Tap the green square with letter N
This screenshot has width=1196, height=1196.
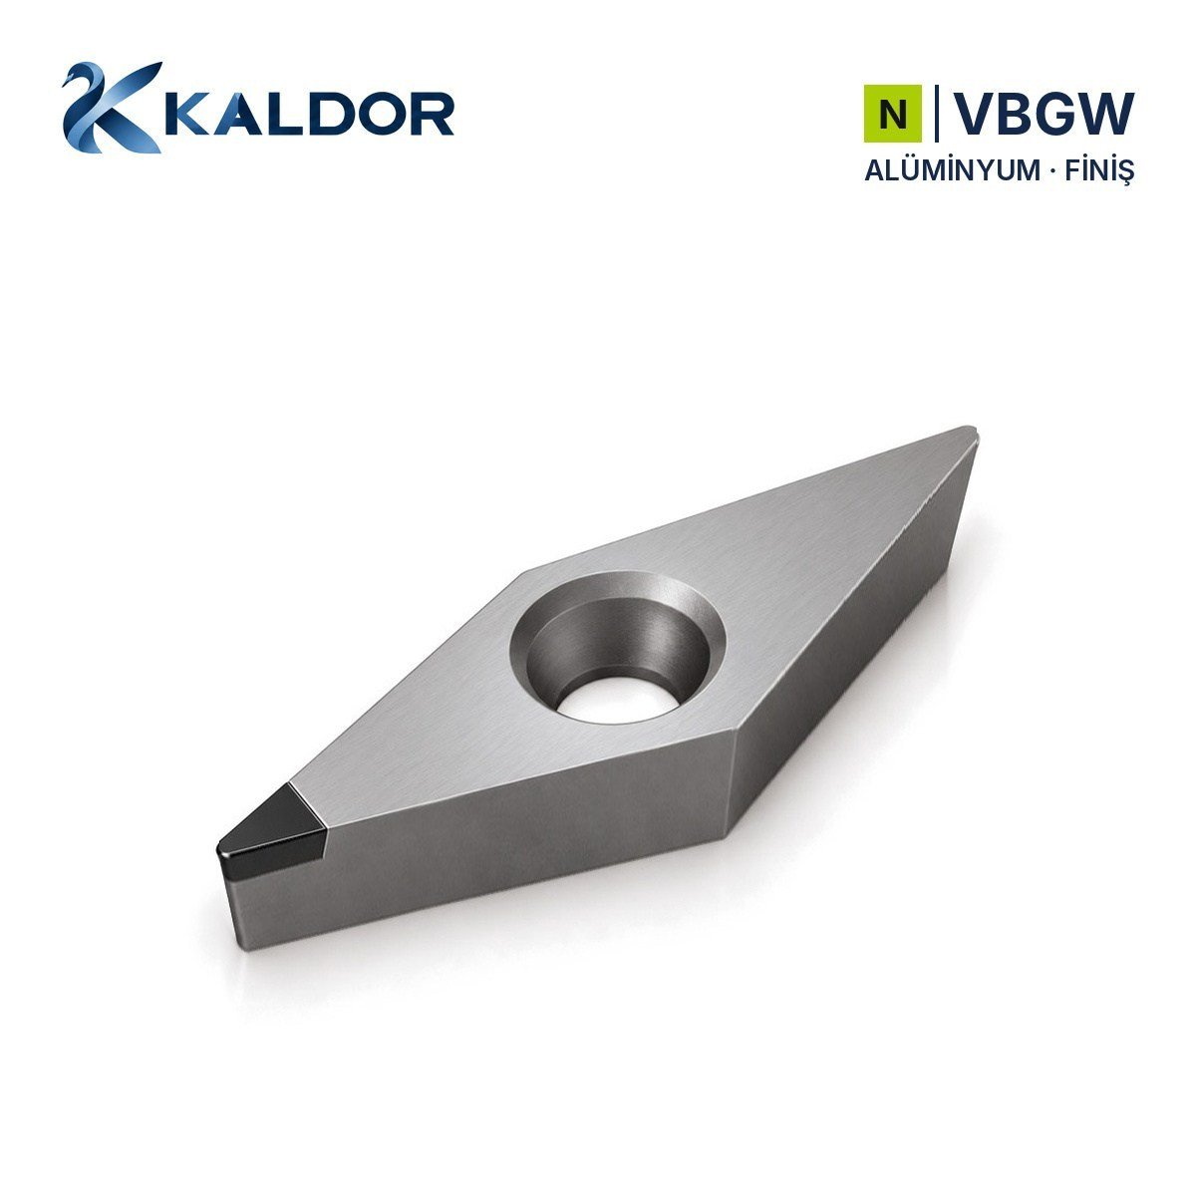[x=892, y=114]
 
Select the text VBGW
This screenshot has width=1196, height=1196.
[x=1044, y=114]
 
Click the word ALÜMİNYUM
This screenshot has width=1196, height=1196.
[x=952, y=170]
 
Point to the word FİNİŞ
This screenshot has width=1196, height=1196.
[x=1099, y=171]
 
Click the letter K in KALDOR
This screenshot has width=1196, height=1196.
[x=187, y=114]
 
